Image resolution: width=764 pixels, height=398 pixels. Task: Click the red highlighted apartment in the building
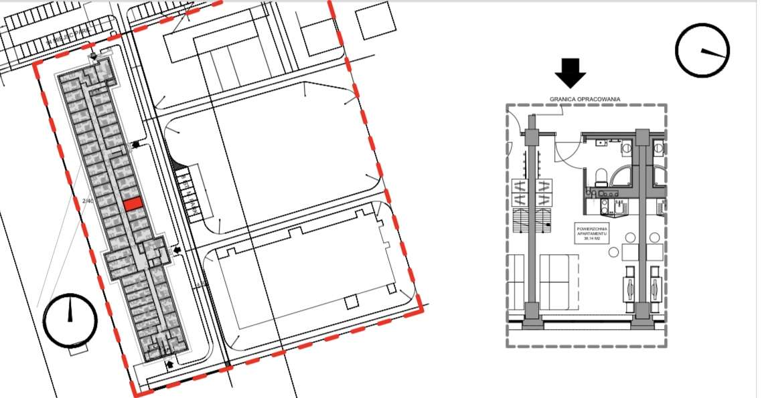tap(132, 204)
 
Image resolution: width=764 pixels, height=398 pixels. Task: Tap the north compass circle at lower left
tap(70, 320)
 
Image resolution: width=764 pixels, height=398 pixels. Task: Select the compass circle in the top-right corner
tap(702, 50)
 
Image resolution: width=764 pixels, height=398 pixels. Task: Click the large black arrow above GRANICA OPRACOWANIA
tap(570, 73)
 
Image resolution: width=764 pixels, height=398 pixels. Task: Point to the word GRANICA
tap(564, 99)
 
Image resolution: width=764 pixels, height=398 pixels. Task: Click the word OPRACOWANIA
tap(599, 99)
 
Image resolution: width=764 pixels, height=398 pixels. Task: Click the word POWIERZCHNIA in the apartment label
tap(591, 228)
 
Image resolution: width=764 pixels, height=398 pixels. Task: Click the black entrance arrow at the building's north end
tap(137, 144)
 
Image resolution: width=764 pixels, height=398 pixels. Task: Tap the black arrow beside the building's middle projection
tap(177, 250)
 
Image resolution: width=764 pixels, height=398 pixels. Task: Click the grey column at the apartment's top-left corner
tap(532, 138)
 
